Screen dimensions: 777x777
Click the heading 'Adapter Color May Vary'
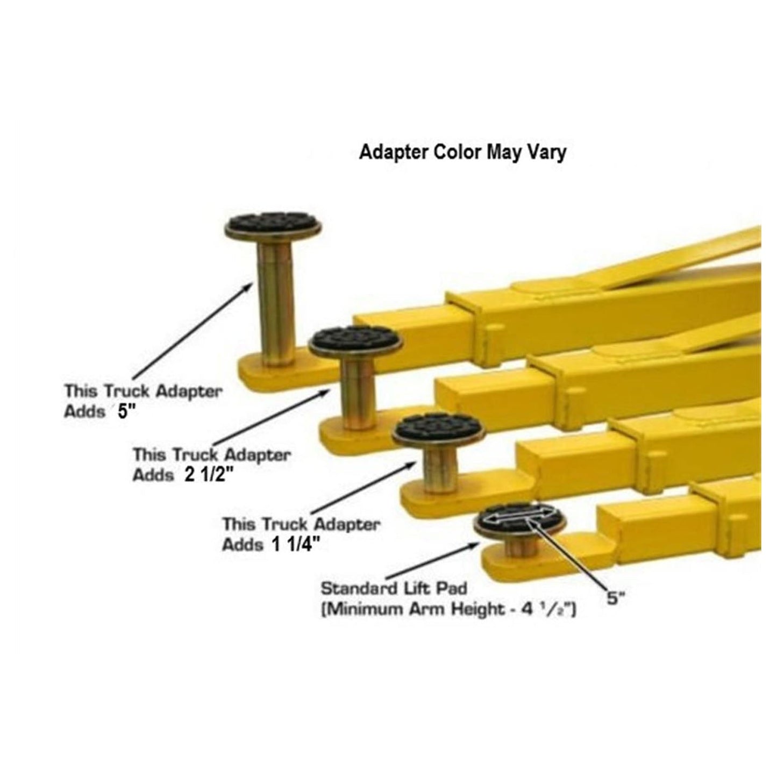coord(462,152)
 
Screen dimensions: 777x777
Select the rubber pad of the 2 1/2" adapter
coord(355,341)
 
